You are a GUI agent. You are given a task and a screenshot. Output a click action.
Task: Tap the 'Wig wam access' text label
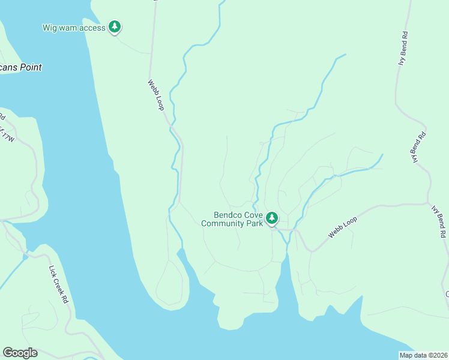74,28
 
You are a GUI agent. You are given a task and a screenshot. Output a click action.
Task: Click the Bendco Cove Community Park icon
272,217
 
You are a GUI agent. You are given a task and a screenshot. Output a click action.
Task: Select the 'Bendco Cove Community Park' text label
232,219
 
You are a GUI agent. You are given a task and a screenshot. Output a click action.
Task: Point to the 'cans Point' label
21,68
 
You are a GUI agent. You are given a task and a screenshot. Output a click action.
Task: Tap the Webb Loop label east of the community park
343,227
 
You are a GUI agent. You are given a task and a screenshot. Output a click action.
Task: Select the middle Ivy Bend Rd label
418,147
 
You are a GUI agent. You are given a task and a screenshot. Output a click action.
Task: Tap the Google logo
20,353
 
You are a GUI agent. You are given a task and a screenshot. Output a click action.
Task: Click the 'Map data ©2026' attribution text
424,355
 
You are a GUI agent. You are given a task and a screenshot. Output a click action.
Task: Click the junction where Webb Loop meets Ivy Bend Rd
427,203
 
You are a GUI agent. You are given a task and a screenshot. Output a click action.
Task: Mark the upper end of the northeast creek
345,55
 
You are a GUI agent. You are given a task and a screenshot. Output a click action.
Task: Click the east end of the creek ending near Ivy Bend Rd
382,155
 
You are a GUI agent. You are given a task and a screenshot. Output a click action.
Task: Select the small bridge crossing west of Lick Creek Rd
26,256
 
